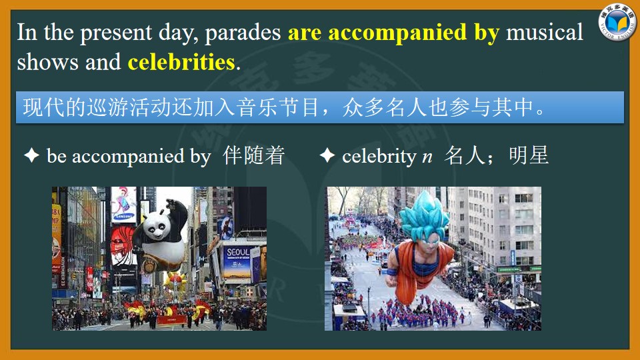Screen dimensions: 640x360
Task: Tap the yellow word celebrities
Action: click(181, 62)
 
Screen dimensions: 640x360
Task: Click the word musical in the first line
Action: click(545, 32)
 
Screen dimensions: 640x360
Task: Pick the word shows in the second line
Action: click(47, 62)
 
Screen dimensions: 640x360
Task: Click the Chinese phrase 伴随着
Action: click(253, 155)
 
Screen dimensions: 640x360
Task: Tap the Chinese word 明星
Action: click(529, 155)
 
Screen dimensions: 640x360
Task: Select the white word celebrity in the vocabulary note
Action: click(379, 156)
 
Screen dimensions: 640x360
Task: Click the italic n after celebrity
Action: click(427, 157)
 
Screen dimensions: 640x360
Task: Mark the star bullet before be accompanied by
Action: click(32, 155)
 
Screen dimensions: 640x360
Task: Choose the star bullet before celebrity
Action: click(327, 155)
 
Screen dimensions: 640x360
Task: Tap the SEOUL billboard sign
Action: click(237, 261)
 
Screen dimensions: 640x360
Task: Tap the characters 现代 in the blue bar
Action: click(44, 107)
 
